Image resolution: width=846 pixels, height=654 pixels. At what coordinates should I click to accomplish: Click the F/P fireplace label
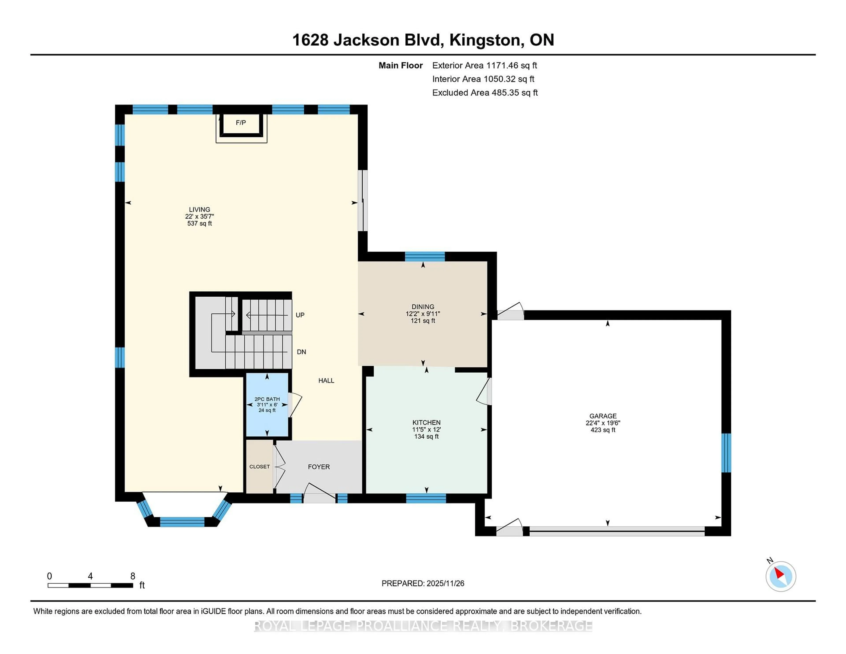241,123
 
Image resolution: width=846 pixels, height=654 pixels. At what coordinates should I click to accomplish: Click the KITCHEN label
426,422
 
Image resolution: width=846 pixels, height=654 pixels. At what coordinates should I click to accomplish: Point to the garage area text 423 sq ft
603,430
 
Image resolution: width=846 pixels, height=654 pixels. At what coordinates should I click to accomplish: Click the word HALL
326,381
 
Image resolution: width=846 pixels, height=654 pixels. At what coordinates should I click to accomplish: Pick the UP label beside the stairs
300,315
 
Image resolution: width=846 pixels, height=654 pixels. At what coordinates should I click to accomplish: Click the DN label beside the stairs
301,352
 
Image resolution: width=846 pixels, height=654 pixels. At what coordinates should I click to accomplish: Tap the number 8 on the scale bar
132,576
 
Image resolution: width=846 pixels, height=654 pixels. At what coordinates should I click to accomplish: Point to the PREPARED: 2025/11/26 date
423,583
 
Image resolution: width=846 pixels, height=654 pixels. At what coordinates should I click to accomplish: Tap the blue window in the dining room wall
425,256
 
